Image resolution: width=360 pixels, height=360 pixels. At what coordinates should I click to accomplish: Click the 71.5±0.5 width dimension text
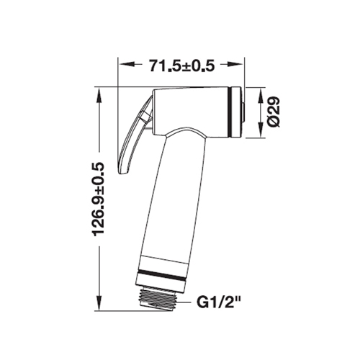pyautogui.click(x=181, y=66)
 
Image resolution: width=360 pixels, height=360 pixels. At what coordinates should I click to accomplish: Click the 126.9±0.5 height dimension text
pyautogui.click(x=99, y=199)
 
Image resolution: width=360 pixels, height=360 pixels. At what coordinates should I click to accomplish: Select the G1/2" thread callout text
pyautogui.click(x=218, y=302)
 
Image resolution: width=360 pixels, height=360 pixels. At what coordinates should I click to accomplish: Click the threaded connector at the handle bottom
pyautogui.click(x=158, y=300)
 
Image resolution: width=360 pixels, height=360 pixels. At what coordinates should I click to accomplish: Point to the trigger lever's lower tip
pyautogui.click(x=122, y=174)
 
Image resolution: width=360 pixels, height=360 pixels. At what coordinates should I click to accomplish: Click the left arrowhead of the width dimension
pyautogui.click(x=127, y=64)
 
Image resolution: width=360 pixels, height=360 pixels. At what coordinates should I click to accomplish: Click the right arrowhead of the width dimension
pyautogui.click(x=235, y=64)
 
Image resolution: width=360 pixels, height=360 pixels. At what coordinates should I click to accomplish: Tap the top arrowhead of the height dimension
pyautogui.click(x=99, y=95)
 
